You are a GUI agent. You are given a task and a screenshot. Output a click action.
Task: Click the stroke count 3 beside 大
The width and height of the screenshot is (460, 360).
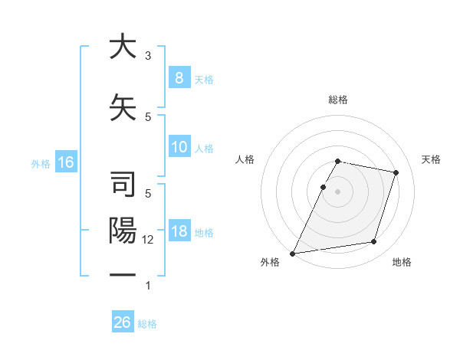point(148,56)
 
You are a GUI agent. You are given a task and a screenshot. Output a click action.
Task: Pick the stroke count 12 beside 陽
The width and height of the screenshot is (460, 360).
point(148,240)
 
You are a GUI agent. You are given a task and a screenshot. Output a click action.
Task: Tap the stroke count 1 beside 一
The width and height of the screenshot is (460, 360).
point(148,286)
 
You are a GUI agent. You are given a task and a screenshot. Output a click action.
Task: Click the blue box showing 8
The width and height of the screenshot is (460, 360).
point(179,78)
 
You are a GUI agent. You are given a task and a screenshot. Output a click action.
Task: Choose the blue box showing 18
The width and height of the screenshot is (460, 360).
point(179,231)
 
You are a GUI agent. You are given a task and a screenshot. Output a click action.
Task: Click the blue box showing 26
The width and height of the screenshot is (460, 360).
point(123,322)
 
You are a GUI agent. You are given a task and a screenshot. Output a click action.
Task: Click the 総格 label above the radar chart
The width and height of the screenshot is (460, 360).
point(338,100)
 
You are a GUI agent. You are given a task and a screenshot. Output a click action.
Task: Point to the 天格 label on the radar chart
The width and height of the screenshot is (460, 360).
point(432,159)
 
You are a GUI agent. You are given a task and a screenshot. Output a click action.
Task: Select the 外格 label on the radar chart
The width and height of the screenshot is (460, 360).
point(270,263)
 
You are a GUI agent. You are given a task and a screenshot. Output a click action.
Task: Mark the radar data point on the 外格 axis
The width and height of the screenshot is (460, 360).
point(293,254)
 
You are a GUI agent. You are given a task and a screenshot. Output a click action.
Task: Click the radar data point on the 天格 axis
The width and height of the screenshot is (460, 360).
point(396,172)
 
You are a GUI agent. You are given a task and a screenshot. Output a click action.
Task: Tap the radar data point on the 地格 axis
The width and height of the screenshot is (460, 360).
point(374,242)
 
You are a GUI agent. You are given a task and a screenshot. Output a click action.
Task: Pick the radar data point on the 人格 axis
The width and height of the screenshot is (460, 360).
point(324,187)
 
